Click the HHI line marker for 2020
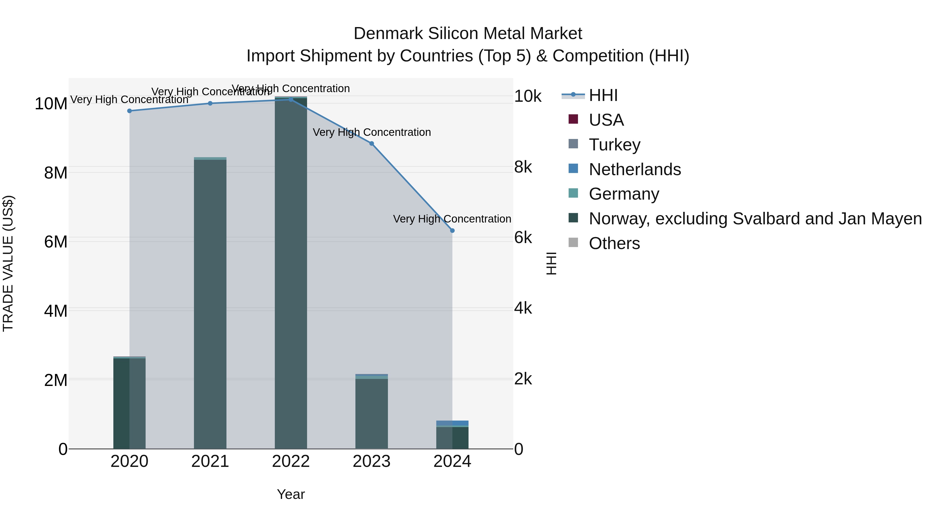click(x=129, y=111)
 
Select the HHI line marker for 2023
click(x=371, y=144)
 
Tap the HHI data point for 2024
click(x=452, y=231)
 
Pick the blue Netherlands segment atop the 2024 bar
click(x=452, y=423)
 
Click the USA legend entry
click(x=606, y=120)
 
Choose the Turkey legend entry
click(x=614, y=145)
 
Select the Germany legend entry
click(x=623, y=194)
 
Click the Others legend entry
click(x=614, y=243)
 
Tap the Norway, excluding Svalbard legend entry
click(x=755, y=219)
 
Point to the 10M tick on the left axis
click(x=51, y=104)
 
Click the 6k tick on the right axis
click(x=523, y=238)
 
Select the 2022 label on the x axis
click(x=291, y=461)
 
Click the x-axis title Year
click(x=291, y=494)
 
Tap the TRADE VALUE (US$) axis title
click(x=8, y=263)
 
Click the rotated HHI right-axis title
click(x=551, y=263)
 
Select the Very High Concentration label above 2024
click(x=452, y=219)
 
